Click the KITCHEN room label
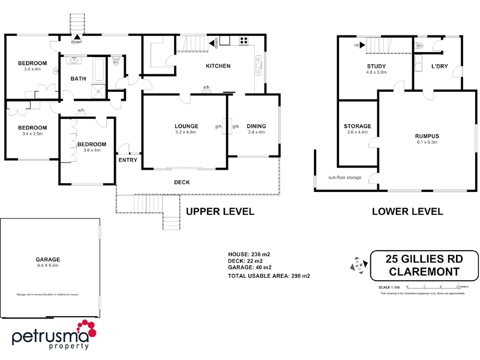coord(218,66)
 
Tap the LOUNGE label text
coord(186,126)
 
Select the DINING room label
coord(256,126)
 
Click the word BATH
coord(78,79)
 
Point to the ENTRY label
coord(128,160)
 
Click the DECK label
coord(182,182)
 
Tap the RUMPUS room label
coord(427,136)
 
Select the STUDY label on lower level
coord(376,66)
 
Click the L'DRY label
coord(440,66)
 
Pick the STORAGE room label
coord(358,126)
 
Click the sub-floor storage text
coord(344,178)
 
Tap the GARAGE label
coord(47,260)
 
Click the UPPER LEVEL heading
coord(220,211)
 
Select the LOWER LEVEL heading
coord(407,211)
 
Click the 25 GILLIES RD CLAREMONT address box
coord(424,265)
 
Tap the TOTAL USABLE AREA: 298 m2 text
coord(269,276)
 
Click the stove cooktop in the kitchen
coord(244,41)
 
